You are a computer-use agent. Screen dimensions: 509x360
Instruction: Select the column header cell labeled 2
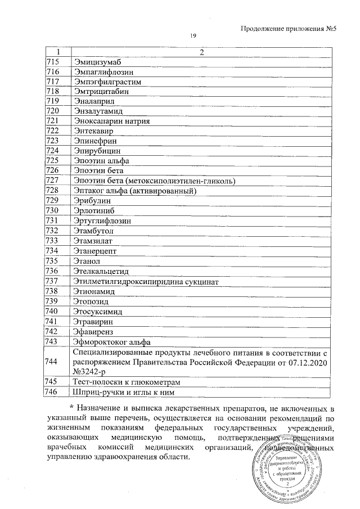[201, 52]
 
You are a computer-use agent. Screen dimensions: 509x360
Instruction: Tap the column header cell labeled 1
[57, 52]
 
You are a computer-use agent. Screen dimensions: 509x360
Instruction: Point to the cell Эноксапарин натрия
[110, 121]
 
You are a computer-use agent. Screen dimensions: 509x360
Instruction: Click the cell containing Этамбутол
[93, 231]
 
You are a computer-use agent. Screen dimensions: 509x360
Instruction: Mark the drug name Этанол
[87, 261]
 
